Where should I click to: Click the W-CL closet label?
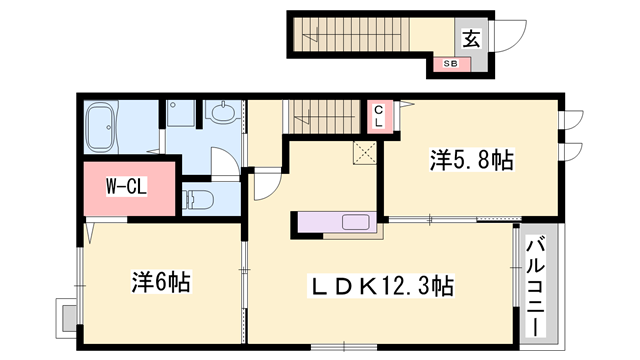tap(127, 186)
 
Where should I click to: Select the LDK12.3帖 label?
tap(379, 287)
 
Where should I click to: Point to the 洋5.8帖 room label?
tap(472, 159)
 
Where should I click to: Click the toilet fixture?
tap(197, 195)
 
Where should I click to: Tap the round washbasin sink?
tap(223, 113)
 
